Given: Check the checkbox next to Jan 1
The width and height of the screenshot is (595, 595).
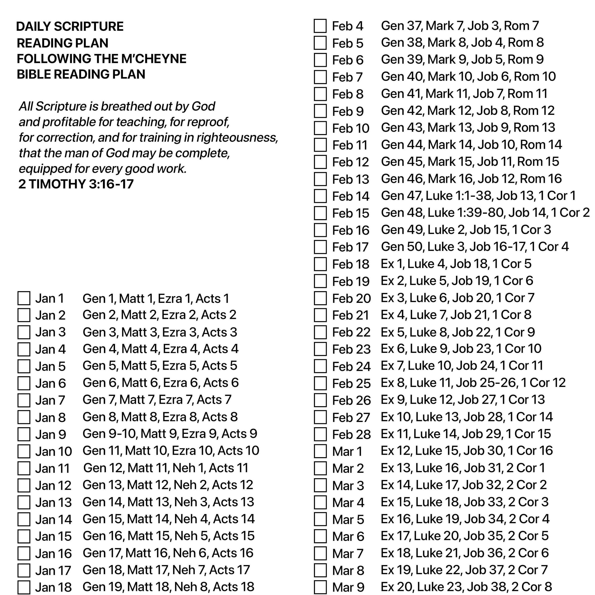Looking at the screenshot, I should pos(24,298).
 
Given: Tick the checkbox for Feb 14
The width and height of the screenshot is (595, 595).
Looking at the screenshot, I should pos(320,196).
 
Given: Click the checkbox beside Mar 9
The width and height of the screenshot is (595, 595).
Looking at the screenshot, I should pos(320,587).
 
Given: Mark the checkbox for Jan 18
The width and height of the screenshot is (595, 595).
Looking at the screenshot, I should pos(24,587).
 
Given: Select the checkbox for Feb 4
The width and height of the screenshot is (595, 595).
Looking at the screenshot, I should pos(320,26).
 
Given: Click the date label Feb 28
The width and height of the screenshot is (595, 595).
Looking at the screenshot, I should pos(351,434).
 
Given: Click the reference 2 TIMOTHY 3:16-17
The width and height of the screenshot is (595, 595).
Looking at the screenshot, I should pos(76,184).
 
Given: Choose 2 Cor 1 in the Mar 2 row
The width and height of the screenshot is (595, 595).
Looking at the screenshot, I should pos(526,468).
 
